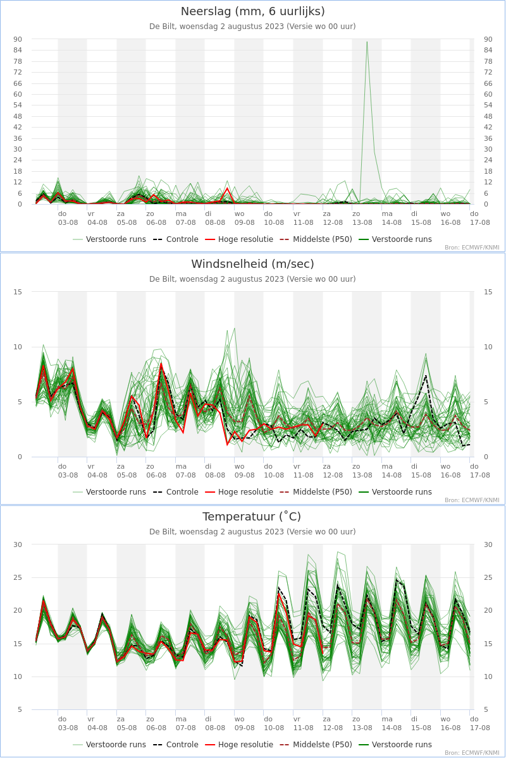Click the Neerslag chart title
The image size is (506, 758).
click(x=252, y=11)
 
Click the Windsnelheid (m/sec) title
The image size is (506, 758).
click(x=252, y=264)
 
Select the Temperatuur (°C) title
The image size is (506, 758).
click(x=252, y=517)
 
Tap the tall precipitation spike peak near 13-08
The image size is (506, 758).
click(x=367, y=42)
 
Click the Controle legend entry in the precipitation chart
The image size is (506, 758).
click(x=176, y=239)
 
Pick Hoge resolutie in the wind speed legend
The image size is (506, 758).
click(x=239, y=492)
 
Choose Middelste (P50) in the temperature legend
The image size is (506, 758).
click(x=316, y=745)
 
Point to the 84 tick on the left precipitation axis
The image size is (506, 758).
click(x=18, y=50)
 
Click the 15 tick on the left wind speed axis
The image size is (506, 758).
click(x=18, y=292)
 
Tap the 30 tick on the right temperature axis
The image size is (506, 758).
click(x=488, y=544)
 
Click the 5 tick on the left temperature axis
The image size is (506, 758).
click(x=20, y=709)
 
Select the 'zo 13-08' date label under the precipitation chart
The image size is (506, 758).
click(x=362, y=219)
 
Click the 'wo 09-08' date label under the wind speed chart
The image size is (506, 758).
click(x=244, y=471)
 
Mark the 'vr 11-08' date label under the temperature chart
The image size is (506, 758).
click(x=304, y=723)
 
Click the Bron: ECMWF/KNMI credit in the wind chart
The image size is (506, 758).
click(x=472, y=500)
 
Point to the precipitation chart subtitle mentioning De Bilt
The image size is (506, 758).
click(x=252, y=27)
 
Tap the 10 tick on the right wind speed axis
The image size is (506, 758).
click(x=488, y=347)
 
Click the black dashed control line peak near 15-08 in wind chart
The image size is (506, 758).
click(x=426, y=375)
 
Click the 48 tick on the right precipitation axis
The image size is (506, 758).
click(x=488, y=116)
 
